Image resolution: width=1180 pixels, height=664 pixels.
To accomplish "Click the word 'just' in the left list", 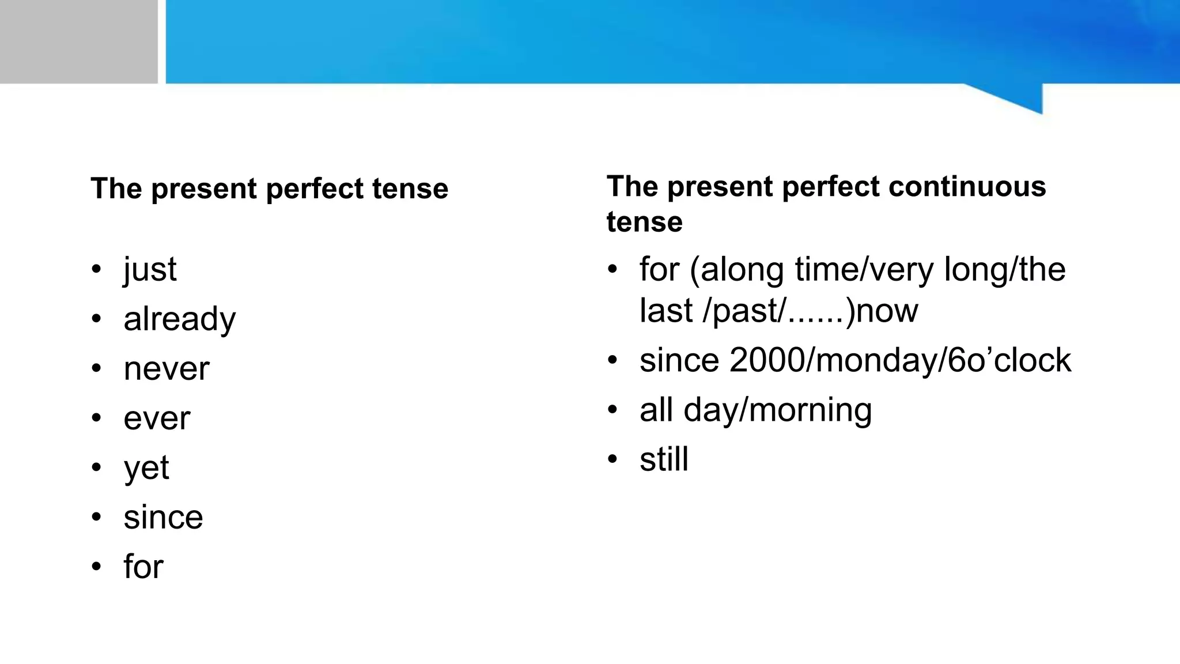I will click(150, 270).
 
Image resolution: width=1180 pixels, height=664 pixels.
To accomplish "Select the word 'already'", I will click(179, 319).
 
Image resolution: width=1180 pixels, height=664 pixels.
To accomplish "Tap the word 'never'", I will click(166, 369).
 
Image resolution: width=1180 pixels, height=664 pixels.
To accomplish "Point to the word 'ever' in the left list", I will click(156, 418).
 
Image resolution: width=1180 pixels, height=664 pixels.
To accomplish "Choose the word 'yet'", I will click(146, 468).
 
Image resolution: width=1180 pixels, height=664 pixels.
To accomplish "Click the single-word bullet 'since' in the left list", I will click(163, 517).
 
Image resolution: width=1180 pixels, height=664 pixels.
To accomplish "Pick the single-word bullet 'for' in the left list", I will click(143, 567).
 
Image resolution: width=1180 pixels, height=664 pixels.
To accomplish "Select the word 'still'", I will click(664, 459).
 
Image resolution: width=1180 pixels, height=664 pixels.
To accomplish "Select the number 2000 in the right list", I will click(763, 360).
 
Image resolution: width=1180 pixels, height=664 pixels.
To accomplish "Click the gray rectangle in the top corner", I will click(78, 41).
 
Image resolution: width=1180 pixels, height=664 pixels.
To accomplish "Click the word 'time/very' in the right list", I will click(864, 270).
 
